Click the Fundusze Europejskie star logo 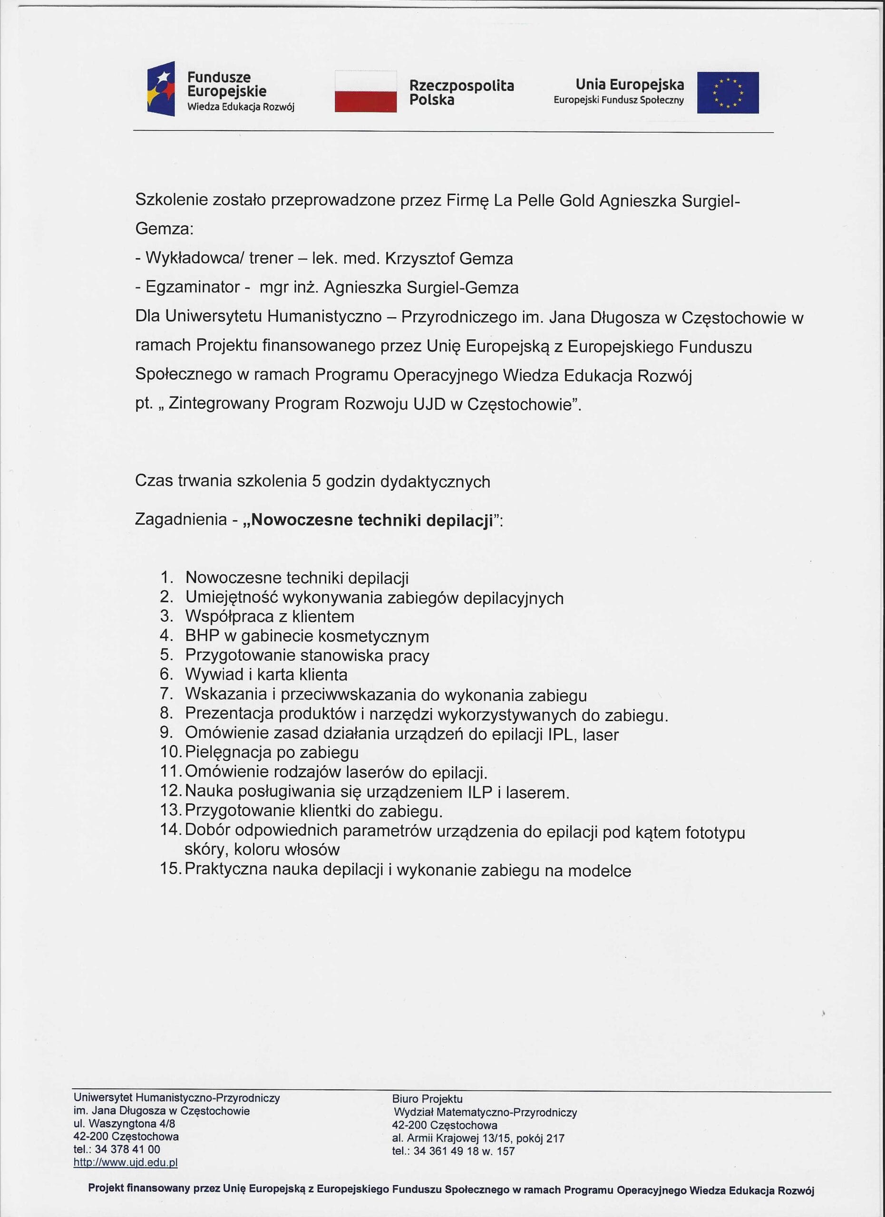161,89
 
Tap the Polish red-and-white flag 366,91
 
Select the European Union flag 728,93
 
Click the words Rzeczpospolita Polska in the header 461,93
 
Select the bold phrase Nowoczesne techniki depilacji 372,521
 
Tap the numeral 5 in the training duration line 316,481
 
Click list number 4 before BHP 166,636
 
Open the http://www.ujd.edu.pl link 126,1163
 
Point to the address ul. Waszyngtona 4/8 125,1124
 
